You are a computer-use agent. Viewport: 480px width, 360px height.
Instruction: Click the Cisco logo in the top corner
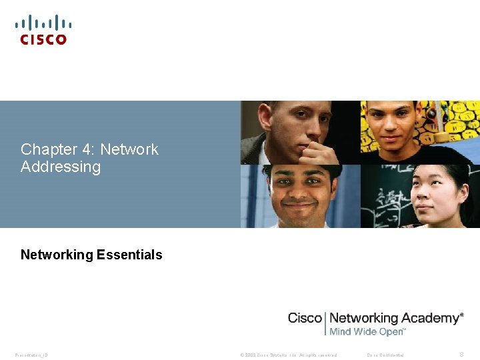(x=43, y=31)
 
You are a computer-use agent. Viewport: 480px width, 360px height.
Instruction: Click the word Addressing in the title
(x=61, y=167)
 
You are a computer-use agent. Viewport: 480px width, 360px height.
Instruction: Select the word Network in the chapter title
(x=129, y=149)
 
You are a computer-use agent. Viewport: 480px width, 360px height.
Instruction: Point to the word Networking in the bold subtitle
(x=57, y=255)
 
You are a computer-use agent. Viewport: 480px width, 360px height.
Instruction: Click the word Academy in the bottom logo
(x=429, y=318)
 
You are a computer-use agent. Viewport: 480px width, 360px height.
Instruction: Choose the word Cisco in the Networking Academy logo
(x=304, y=318)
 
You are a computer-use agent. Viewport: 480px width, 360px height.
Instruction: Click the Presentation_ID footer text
(x=31, y=355)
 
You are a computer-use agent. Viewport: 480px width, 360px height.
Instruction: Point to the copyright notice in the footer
(x=288, y=355)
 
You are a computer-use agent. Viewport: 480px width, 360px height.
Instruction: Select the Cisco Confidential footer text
(x=385, y=355)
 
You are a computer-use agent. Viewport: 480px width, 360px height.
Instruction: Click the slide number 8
(x=463, y=354)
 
